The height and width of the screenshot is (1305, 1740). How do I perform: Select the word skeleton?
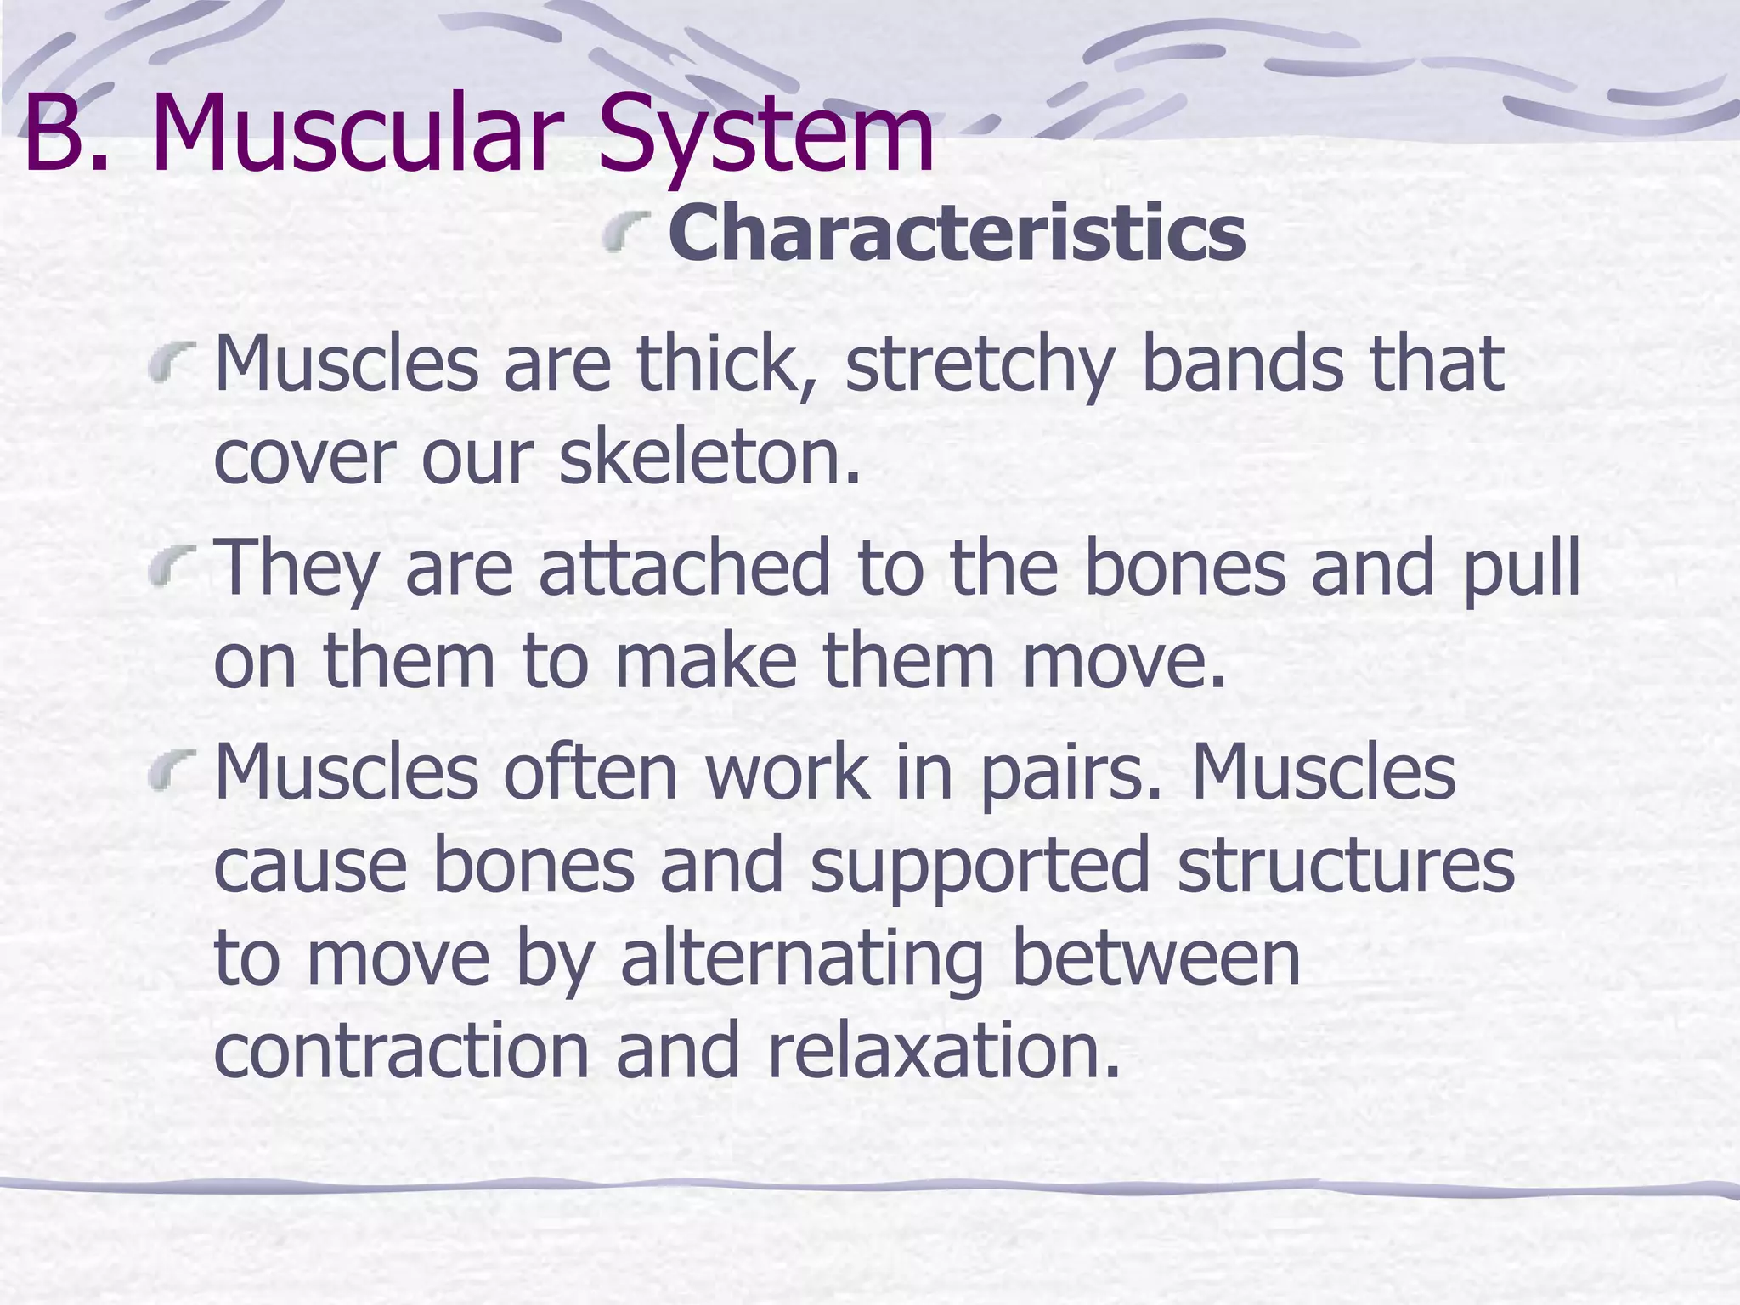coord(709,456)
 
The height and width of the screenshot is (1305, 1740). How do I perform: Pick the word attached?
coord(684,568)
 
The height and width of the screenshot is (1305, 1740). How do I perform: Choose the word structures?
coord(1347,865)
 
